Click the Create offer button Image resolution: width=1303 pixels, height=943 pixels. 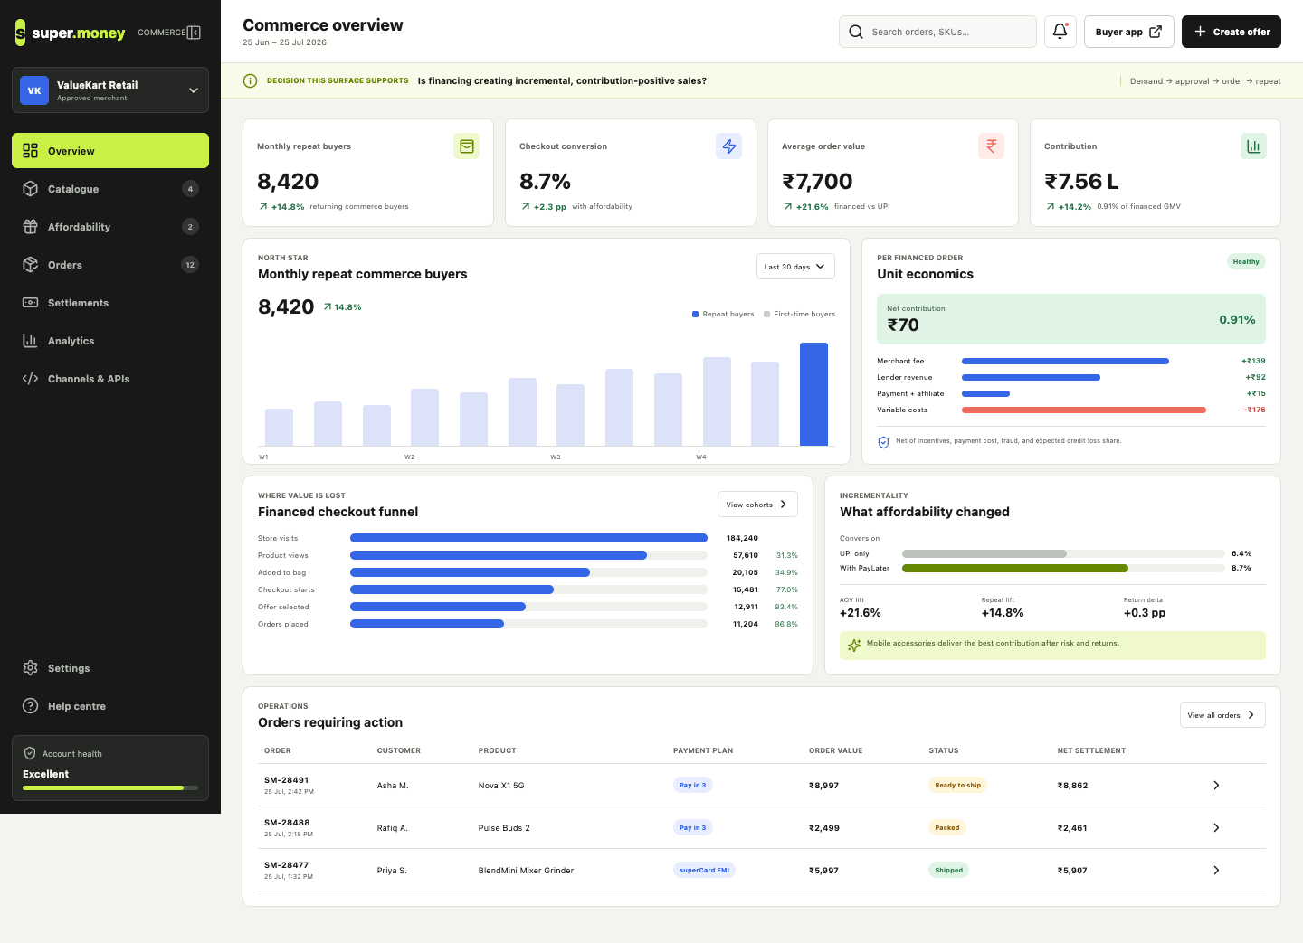click(x=1231, y=32)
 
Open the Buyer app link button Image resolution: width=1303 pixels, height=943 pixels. click(x=1128, y=32)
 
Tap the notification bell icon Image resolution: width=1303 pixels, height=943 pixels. click(x=1060, y=32)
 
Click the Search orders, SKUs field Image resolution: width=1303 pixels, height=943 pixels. click(x=937, y=32)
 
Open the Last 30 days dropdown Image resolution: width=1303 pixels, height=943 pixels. click(x=795, y=267)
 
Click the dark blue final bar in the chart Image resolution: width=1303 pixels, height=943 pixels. click(x=813, y=394)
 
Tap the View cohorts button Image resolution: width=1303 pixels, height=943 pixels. click(x=757, y=505)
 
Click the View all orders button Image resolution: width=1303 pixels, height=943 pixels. click(x=1222, y=715)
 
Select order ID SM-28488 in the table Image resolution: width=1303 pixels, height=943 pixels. click(x=287, y=823)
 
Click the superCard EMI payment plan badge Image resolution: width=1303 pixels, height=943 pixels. click(x=704, y=871)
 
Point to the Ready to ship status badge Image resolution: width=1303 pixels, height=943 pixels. click(x=957, y=786)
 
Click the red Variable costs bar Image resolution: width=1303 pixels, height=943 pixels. click(x=1084, y=410)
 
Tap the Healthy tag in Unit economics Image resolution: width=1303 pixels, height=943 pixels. click(x=1245, y=261)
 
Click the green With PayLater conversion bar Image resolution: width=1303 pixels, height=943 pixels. click(x=1015, y=568)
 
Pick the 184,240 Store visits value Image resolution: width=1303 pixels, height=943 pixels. click(x=742, y=538)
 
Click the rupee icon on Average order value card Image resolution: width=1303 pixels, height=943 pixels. click(x=991, y=146)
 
